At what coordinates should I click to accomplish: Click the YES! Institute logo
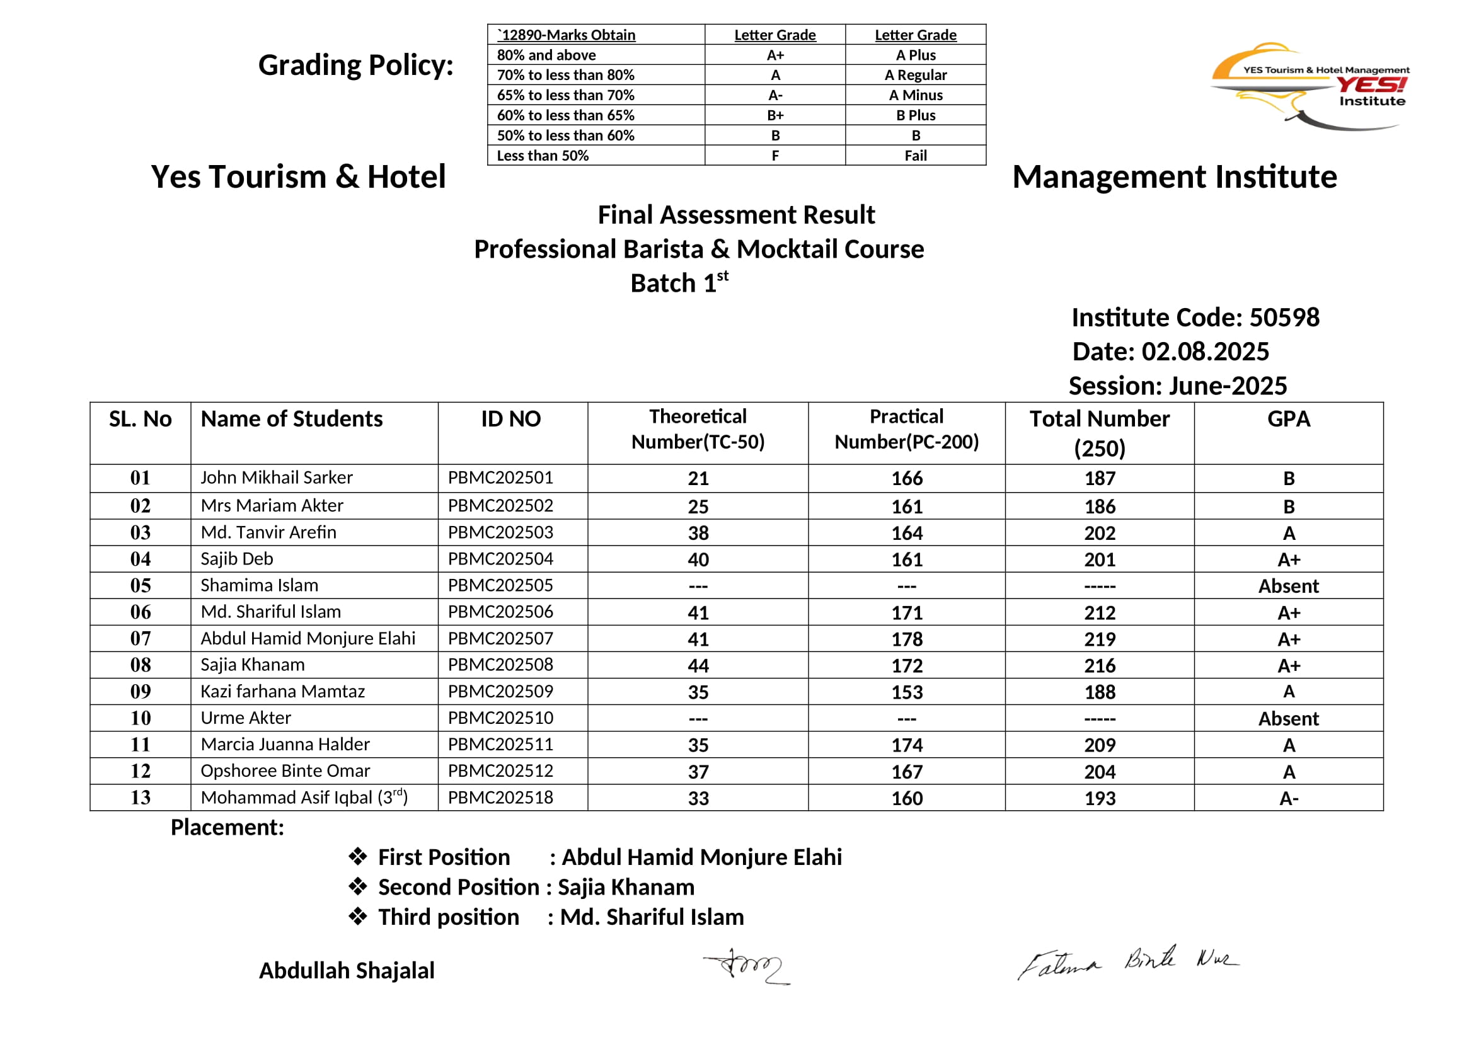(1310, 86)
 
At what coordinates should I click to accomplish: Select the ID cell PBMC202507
(500, 638)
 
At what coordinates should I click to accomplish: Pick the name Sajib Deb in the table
(237, 559)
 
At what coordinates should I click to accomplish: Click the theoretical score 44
(698, 665)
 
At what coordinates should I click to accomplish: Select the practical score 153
(906, 692)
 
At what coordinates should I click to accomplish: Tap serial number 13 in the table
(140, 798)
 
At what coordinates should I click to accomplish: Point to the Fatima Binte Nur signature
(1127, 963)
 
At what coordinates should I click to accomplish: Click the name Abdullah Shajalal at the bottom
(347, 970)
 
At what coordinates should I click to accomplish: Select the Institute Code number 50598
(1284, 318)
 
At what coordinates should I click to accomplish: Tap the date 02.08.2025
(1204, 352)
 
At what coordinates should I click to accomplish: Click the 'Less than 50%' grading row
(543, 155)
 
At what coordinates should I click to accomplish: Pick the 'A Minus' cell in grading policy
(916, 95)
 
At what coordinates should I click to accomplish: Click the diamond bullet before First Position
(357, 857)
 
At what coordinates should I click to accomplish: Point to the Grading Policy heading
(355, 66)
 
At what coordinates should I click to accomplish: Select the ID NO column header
(511, 419)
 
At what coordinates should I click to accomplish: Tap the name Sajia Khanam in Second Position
(626, 887)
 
